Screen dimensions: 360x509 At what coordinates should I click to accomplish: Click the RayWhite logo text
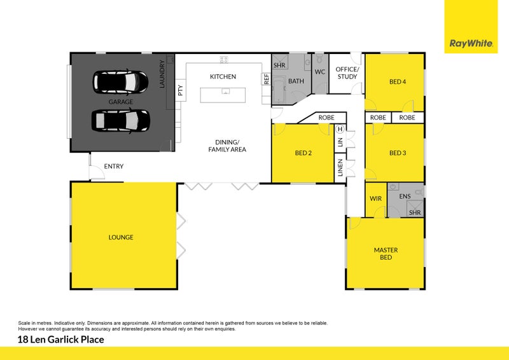click(x=470, y=44)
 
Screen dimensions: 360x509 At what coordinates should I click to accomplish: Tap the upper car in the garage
click(x=121, y=81)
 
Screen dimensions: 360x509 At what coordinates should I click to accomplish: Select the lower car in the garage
click(x=121, y=120)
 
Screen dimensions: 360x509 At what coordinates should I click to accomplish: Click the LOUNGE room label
click(x=121, y=237)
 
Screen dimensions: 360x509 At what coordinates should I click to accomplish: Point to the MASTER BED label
click(x=386, y=254)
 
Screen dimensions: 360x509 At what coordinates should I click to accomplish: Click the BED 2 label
click(x=303, y=153)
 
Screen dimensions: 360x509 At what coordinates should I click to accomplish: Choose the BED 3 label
click(x=398, y=153)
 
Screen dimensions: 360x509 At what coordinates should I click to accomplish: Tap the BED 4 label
click(x=398, y=81)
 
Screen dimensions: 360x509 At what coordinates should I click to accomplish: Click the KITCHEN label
click(x=223, y=76)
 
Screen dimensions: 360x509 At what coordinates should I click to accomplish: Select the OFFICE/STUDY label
click(x=347, y=73)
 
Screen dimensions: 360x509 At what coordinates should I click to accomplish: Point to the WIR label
click(x=375, y=198)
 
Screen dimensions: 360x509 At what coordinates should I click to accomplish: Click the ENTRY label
click(x=113, y=167)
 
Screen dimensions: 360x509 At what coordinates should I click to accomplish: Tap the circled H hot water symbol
click(x=340, y=129)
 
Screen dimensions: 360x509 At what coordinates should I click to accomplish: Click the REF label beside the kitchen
click(x=266, y=80)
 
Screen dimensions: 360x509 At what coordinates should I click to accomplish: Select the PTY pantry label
click(x=180, y=91)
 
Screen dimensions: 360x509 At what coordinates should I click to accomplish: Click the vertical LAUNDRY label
click(x=163, y=74)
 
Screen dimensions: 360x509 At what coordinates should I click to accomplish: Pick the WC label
click(x=320, y=73)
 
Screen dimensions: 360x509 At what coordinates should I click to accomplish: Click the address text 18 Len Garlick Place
click(x=61, y=340)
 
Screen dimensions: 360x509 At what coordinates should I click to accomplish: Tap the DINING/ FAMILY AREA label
click(x=227, y=146)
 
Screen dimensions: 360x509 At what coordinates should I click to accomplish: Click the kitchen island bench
click(x=225, y=94)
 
